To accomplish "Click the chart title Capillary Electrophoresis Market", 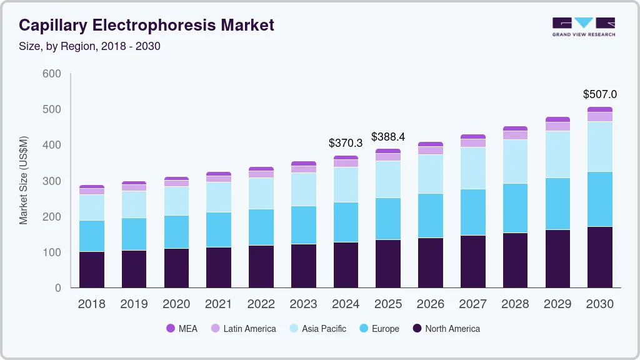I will (x=146, y=26).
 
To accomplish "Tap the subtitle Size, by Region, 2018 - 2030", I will (x=89, y=46).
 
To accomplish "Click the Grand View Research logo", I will (x=583, y=26).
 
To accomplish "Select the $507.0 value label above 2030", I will (x=599, y=94).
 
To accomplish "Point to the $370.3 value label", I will (x=346, y=143).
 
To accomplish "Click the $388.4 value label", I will (x=388, y=136).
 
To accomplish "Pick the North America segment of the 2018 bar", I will (x=91, y=269).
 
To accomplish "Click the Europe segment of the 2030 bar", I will (x=599, y=199).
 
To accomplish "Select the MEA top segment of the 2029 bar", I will (x=557, y=119).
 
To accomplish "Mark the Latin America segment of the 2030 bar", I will (x=599, y=117).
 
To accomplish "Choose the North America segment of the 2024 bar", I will (x=346, y=265).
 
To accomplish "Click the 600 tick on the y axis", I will (x=52, y=74).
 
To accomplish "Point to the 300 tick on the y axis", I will (x=52, y=181).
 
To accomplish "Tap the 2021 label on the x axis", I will (x=219, y=304).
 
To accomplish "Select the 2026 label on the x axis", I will (x=431, y=304).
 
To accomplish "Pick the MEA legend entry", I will (x=181, y=328).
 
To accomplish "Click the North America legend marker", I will (x=417, y=328).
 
